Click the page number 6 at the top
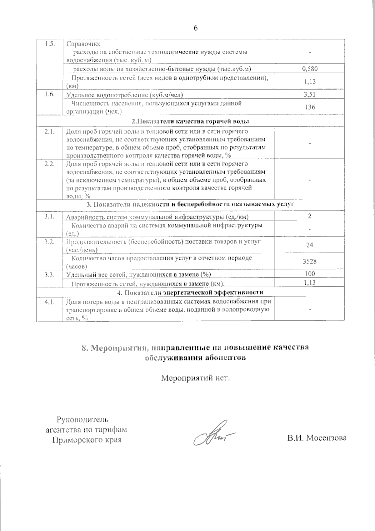pyautogui.click(x=196, y=28)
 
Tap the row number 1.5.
pyautogui.click(x=49, y=44)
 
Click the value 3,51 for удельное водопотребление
pyautogui.click(x=310, y=94)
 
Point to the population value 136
pyautogui.click(x=310, y=107)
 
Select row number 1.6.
pyautogui.click(x=49, y=94)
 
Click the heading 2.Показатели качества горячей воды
pyautogui.click(x=190, y=121)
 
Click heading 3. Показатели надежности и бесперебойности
pyautogui.click(x=190, y=205)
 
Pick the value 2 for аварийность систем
pyautogui.click(x=310, y=216)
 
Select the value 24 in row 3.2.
pyautogui.click(x=310, y=245)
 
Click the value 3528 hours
pyautogui.click(x=310, y=262)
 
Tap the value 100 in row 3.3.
pyautogui.click(x=310, y=274)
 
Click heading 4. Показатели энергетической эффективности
pyautogui.click(x=190, y=292)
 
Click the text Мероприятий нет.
pyautogui.click(x=195, y=378)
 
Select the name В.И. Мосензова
pyautogui.click(x=317, y=438)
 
